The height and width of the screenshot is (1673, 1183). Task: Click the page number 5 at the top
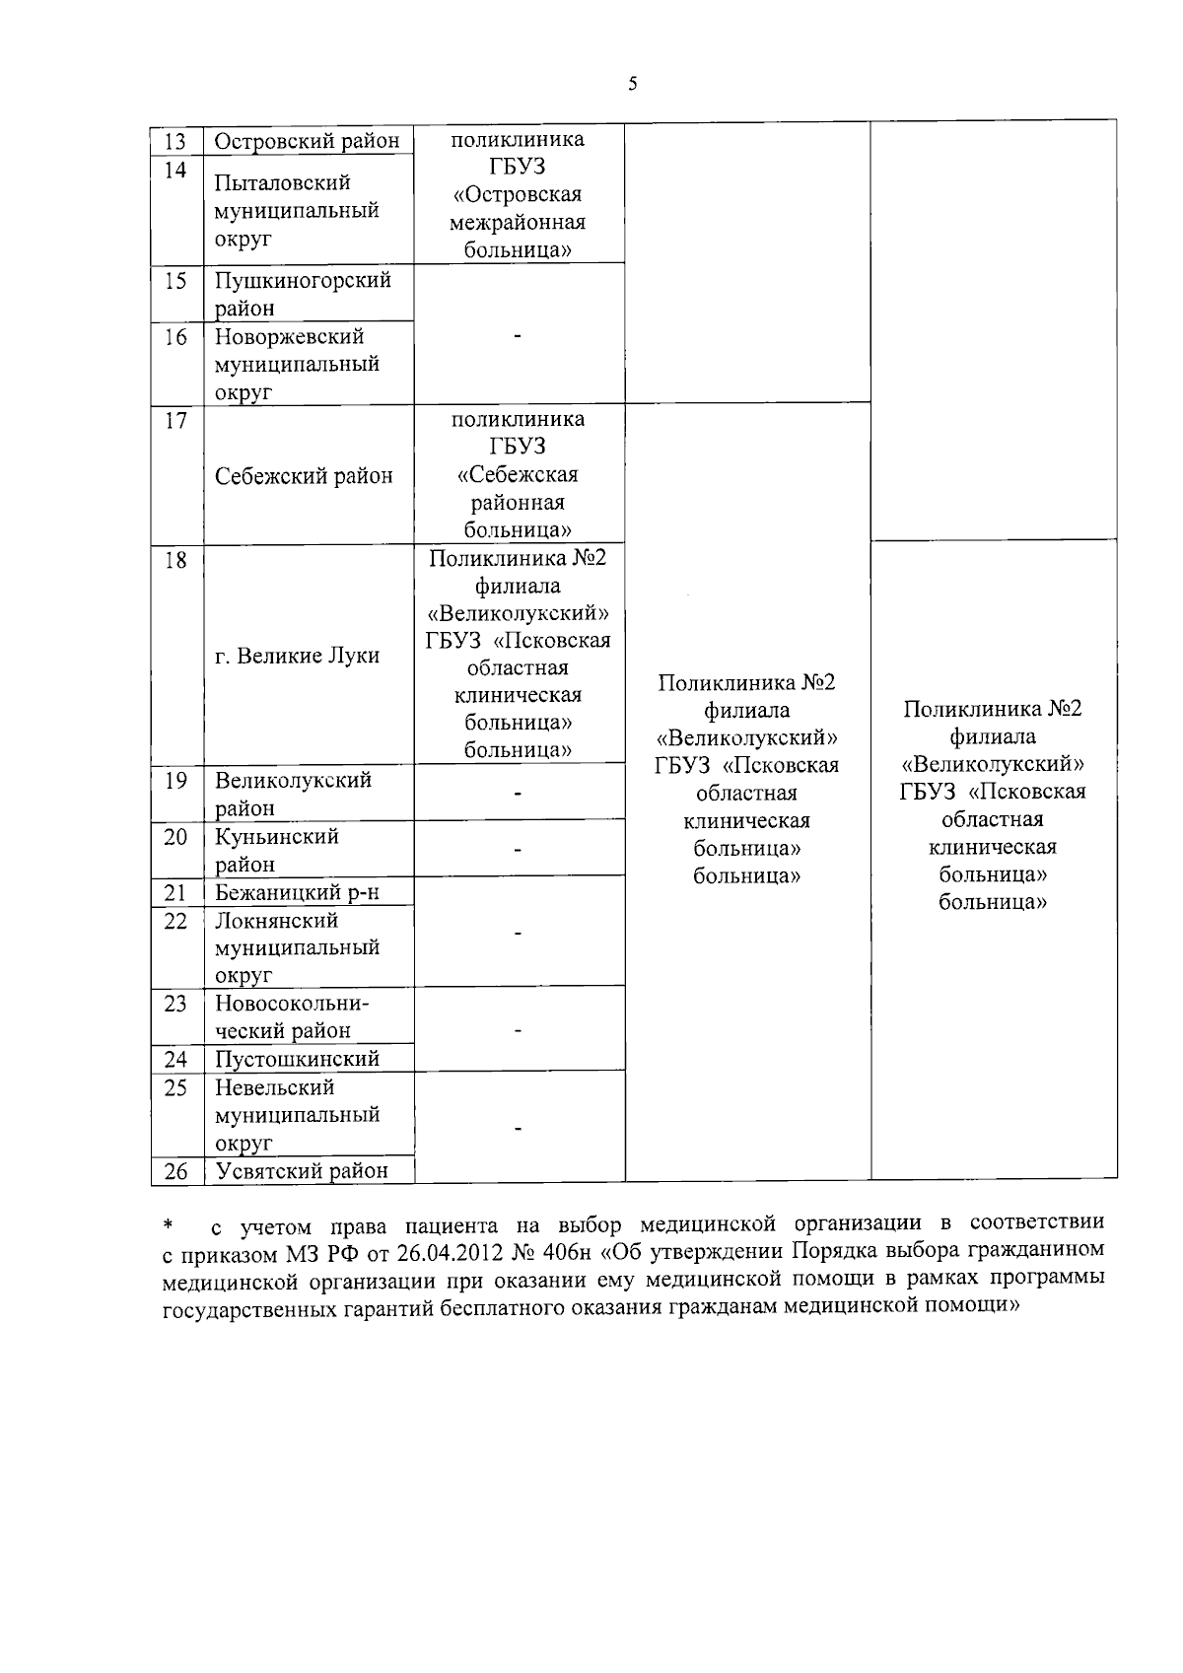[632, 84]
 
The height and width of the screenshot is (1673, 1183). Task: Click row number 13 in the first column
[175, 141]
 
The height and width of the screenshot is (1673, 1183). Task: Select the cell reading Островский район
[307, 141]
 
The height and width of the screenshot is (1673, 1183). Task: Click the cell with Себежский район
[304, 475]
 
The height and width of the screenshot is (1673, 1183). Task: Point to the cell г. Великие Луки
[297, 656]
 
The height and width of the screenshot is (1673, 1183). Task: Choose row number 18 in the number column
[175, 561]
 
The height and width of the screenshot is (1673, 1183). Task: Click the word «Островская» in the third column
[518, 194]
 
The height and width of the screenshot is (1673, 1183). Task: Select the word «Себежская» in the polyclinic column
[518, 475]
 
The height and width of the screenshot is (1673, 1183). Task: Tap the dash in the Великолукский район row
[518, 793]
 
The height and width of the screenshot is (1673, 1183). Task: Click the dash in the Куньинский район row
[518, 849]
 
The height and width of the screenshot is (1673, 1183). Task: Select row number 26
[175, 1170]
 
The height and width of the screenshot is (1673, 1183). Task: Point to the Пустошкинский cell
[297, 1059]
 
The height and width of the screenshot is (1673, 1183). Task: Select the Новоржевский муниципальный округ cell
[297, 364]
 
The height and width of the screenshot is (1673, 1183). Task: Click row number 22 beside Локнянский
[175, 920]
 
